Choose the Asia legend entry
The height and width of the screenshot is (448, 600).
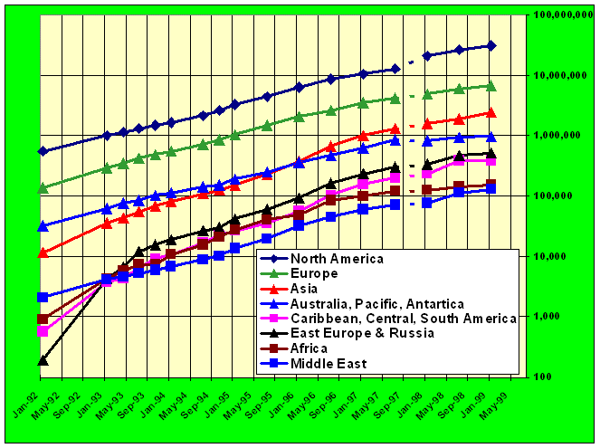(304, 289)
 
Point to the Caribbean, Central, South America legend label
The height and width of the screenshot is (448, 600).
(403, 319)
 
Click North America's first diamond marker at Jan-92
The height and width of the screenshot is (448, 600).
(43, 151)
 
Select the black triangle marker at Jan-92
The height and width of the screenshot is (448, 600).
(43, 360)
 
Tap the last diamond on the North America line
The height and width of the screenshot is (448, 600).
(490, 45)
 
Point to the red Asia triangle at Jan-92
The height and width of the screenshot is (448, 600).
(43, 253)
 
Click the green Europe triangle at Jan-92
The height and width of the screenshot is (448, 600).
(43, 188)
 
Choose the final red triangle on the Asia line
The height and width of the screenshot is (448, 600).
(490, 112)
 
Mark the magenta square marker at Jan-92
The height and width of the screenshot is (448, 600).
(43, 331)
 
